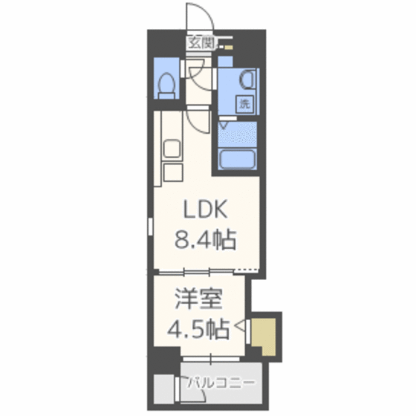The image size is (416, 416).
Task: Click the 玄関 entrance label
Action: [201, 43]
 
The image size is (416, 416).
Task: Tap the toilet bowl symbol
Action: [166, 85]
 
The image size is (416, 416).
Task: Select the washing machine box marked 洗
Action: [244, 104]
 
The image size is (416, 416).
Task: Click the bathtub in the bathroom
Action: [237, 159]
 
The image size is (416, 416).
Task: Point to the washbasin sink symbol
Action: [247, 79]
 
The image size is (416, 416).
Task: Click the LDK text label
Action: [206, 209]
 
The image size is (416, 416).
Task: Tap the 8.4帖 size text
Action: [205, 240]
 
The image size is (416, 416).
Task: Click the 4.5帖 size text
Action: [198, 330]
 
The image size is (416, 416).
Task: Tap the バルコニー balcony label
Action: [221, 383]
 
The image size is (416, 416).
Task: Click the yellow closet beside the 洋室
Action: [264, 336]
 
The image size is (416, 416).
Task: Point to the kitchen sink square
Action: [172, 149]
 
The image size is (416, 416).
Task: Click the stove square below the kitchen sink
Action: [173, 172]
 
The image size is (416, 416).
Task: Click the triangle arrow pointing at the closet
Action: [240, 326]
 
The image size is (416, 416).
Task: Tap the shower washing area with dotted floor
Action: [237, 135]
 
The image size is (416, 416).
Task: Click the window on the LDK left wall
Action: [150, 227]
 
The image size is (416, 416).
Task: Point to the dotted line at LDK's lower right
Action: [246, 270]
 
